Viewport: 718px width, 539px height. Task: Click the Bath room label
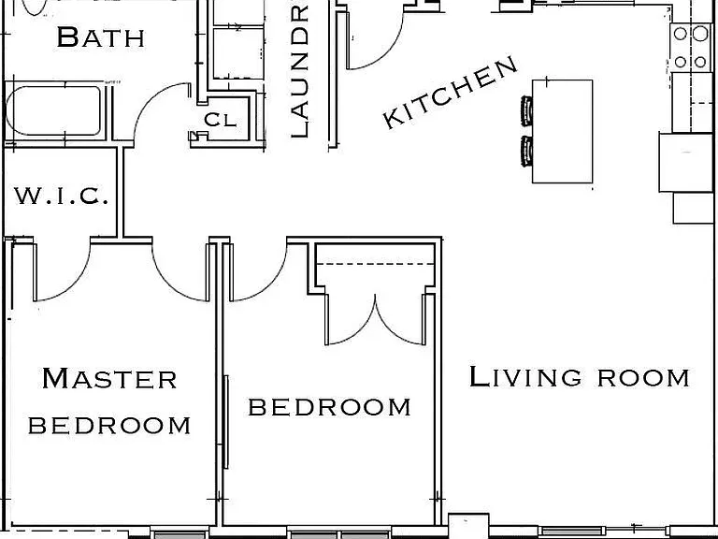point(101,37)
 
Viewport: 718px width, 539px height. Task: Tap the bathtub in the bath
point(53,110)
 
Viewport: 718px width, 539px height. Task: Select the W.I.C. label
point(62,196)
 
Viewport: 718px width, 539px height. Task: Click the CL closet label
point(221,120)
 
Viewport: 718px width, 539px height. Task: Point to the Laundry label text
point(300,71)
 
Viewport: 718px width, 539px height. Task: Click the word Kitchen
point(450,93)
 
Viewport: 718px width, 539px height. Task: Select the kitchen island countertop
point(562,132)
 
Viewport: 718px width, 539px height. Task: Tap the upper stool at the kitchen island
point(526,110)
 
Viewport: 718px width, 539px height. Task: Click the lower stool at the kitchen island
point(526,152)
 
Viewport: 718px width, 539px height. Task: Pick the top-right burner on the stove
point(700,34)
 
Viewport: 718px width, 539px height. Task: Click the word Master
point(109,378)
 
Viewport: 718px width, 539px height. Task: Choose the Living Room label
point(580,377)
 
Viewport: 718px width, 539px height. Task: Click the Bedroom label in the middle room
point(329,407)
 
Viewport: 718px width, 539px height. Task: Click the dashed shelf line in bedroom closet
point(375,264)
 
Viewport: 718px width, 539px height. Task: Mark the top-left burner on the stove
point(681,34)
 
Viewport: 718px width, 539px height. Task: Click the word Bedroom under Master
point(109,426)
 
